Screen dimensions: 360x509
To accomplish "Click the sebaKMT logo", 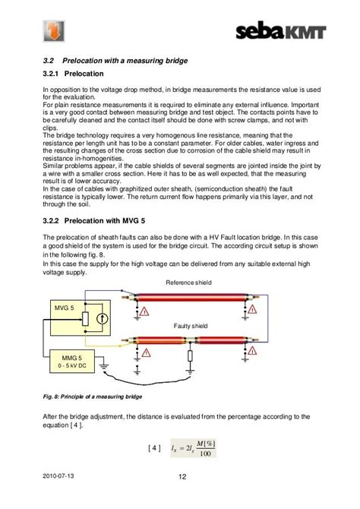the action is click(x=281, y=31).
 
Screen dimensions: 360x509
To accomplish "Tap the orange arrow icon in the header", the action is click(x=54, y=31).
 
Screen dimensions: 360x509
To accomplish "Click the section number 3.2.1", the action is click(x=50, y=74).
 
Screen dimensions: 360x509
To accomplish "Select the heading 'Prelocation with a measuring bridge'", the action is click(x=125, y=61).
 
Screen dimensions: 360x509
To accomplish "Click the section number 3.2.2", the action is click(x=51, y=221).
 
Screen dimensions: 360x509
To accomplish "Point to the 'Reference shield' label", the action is click(x=188, y=283).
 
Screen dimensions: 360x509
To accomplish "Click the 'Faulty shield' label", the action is click(x=191, y=326).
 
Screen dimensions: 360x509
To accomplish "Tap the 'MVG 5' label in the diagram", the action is click(x=65, y=308).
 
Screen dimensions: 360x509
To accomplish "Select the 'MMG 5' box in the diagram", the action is click(x=72, y=361).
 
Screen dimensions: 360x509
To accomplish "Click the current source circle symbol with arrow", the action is click(x=103, y=319).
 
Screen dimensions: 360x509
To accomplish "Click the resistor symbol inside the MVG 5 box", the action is click(x=85, y=319).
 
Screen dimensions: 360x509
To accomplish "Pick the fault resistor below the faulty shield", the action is click(x=190, y=356).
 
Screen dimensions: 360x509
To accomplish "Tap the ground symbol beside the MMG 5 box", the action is click(x=104, y=367).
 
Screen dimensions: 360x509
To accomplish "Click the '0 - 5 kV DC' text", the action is click(x=72, y=365).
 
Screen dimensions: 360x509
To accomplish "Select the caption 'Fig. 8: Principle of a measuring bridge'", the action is click(x=93, y=397).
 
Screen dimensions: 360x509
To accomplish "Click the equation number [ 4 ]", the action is click(x=154, y=448).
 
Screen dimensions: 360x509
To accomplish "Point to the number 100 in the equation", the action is click(x=205, y=454).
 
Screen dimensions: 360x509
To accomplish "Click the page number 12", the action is click(x=182, y=476).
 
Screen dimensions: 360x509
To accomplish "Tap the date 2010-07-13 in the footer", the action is click(x=58, y=476).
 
